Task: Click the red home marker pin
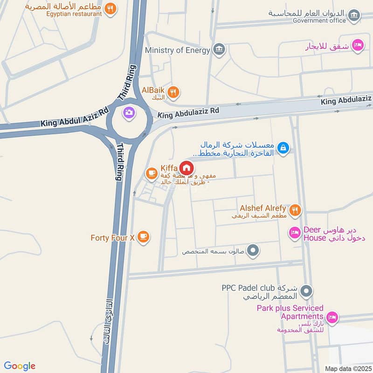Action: point(186,168)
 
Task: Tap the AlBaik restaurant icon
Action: point(173,92)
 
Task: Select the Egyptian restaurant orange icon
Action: point(110,8)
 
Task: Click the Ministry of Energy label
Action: point(178,50)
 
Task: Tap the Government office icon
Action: point(354,15)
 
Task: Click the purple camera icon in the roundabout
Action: point(129,112)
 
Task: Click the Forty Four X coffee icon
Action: point(143,237)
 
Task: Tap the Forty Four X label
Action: point(112,238)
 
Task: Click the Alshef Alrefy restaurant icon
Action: point(294,211)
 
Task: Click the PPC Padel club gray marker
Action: point(306,291)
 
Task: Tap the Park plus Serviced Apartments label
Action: point(290,312)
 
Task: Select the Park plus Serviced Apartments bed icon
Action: point(332,318)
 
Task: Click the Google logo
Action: point(20,366)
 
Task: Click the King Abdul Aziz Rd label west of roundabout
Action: point(75,117)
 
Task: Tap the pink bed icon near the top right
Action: point(357,45)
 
